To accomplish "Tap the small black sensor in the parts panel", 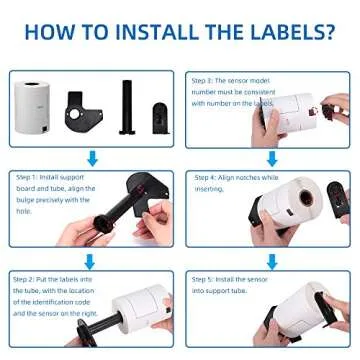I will tap(159, 117).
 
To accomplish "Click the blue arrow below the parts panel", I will tap(92, 158).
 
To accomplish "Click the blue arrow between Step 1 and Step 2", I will tap(92, 259).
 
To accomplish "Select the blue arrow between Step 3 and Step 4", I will tap(271, 158).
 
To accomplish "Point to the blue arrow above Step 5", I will tap(271, 259).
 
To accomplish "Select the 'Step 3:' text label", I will tap(203, 80).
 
